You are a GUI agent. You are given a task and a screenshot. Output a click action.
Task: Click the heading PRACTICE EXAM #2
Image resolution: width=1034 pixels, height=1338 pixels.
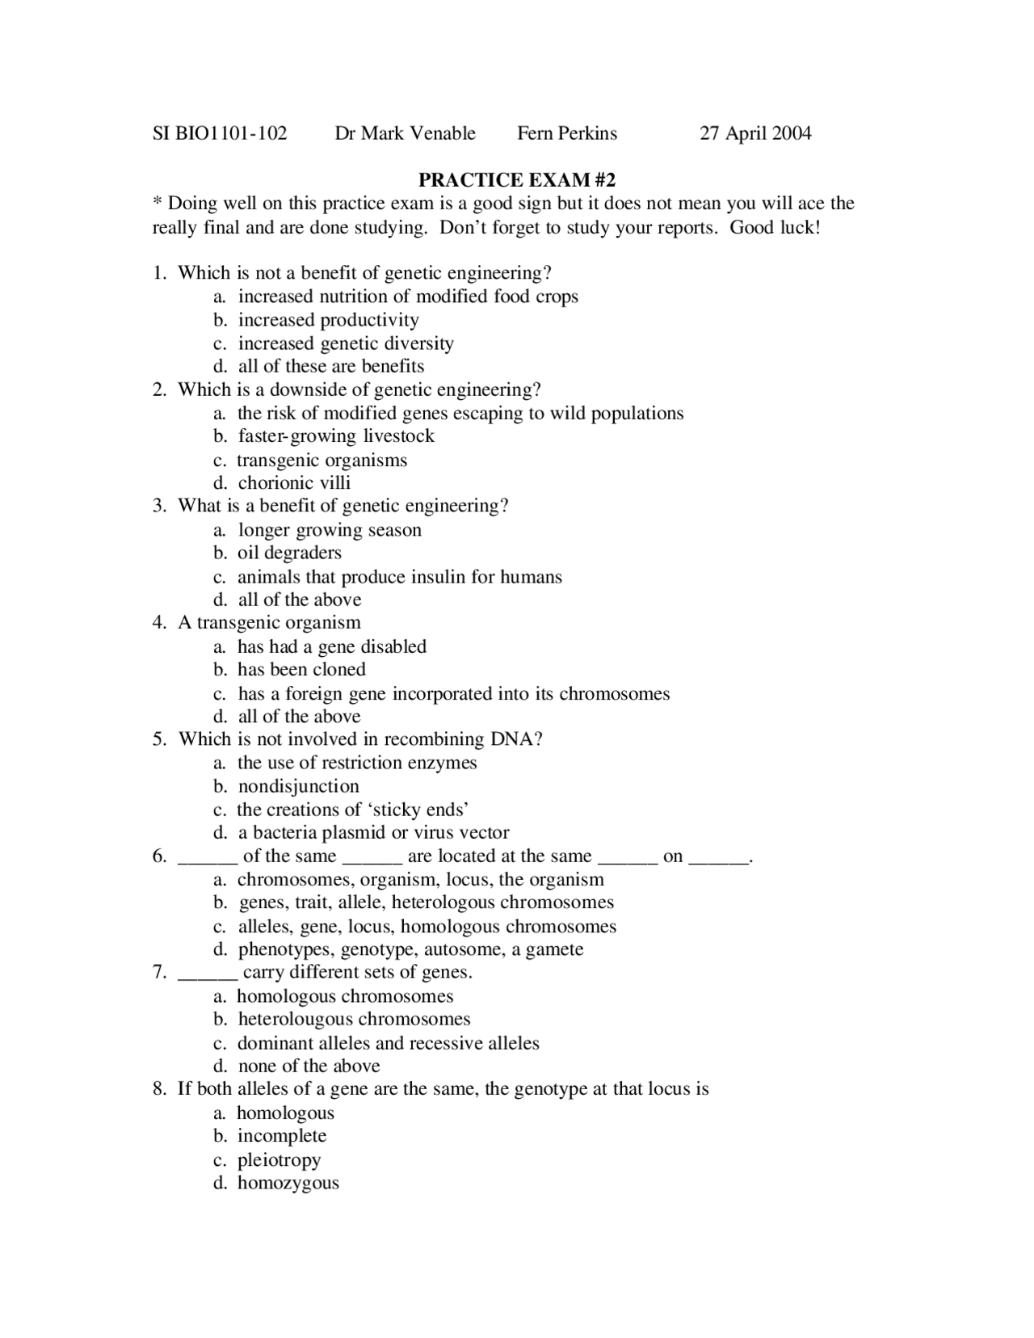coord(517,179)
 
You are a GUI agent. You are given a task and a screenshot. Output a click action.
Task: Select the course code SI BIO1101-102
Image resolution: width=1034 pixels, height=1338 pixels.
coord(220,133)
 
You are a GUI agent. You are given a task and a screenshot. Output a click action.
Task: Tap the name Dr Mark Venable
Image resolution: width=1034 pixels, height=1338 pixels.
coord(405,133)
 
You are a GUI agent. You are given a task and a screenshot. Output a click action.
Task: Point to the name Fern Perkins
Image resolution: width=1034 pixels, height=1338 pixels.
coord(567,133)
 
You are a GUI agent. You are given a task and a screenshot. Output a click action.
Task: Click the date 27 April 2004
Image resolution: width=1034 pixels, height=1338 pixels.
coord(755,133)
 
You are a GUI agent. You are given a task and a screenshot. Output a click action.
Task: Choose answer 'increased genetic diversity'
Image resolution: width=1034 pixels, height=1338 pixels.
coord(346,343)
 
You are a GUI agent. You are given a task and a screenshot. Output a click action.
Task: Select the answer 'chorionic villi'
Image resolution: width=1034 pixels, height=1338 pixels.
coord(294,483)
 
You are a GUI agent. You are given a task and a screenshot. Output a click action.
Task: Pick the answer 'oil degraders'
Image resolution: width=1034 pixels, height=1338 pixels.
coord(289,553)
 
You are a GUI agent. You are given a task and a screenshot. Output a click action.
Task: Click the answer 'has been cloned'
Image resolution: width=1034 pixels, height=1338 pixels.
coord(301,670)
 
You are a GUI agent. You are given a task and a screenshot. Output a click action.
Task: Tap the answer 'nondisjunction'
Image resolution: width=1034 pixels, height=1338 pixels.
coord(298,786)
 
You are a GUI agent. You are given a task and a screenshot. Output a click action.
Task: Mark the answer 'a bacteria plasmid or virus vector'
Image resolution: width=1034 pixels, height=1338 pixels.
coord(373,833)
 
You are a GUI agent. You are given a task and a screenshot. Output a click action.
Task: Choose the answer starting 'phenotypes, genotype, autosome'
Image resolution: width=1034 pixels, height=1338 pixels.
coord(410,949)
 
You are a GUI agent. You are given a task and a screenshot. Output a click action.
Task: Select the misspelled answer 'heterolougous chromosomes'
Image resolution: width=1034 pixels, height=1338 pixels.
coord(354,1020)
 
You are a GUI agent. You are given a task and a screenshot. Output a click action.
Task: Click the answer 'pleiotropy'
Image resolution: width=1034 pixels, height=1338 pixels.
coord(279,1160)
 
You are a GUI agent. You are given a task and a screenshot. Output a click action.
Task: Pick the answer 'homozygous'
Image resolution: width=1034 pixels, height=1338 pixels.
coord(288,1184)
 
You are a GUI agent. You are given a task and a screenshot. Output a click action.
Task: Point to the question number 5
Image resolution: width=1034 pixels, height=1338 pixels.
coord(159,739)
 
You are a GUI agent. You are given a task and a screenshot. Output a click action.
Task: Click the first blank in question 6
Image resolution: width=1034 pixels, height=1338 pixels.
coord(207,856)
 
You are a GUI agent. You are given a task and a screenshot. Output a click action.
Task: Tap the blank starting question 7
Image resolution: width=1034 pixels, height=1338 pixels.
coord(207,973)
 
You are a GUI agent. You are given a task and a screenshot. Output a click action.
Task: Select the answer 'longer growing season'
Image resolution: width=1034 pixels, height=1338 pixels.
coord(330,530)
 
